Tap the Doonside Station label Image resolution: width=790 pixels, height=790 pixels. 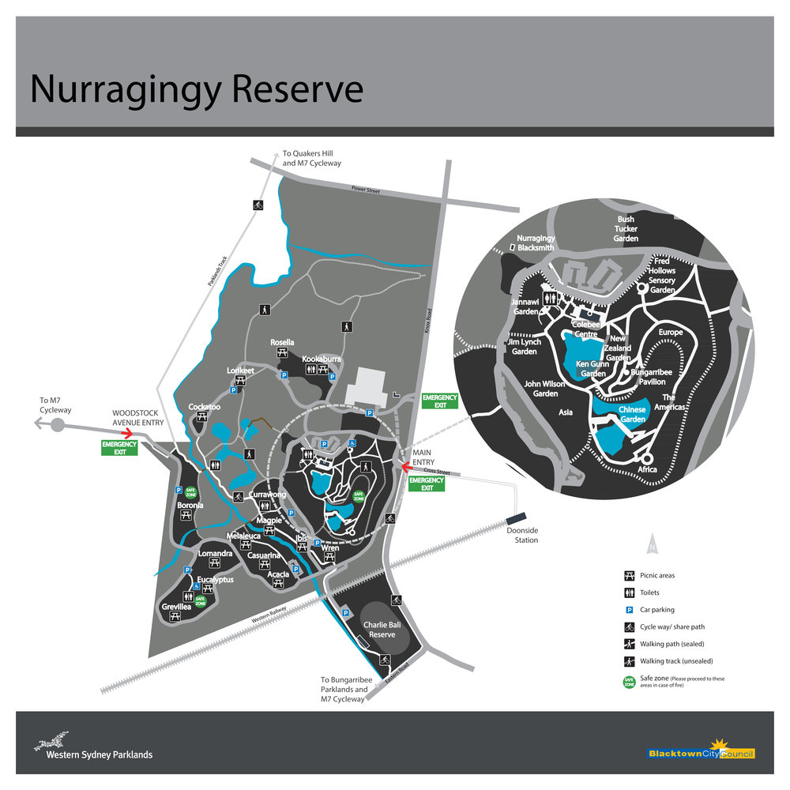(x=522, y=536)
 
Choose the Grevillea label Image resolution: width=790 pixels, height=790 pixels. (x=176, y=606)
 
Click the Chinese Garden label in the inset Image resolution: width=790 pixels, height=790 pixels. (x=632, y=414)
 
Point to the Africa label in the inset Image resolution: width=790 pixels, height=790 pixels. (x=648, y=469)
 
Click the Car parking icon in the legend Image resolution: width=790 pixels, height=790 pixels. (x=630, y=609)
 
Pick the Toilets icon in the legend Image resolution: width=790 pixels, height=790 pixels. (x=630, y=592)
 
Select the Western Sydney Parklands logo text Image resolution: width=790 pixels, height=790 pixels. (x=99, y=754)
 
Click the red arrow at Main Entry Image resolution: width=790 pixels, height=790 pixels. (x=410, y=466)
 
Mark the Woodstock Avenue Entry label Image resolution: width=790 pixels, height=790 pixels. (x=137, y=418)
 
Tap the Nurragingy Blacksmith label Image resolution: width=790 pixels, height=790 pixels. (x=536, y=243)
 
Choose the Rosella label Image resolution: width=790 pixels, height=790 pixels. (x=282, y=342)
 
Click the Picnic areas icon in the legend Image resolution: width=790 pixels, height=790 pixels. (x=630, y=575)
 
